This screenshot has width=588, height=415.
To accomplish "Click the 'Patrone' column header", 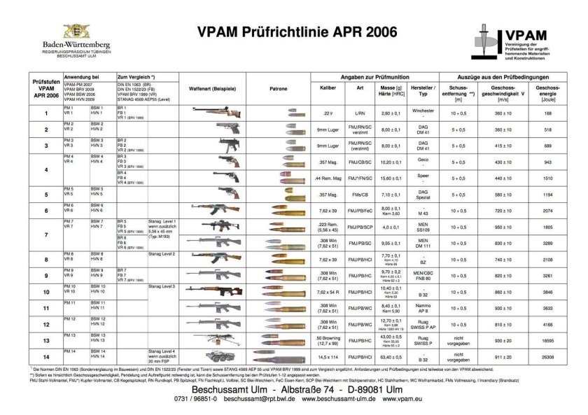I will click(x=278, y=89).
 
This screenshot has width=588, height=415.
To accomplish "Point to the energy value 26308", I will click(x=547, y=357).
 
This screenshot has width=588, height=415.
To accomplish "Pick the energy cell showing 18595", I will click(x=547, y=340).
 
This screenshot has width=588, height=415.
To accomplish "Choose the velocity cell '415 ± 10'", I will click(x=490, y=146).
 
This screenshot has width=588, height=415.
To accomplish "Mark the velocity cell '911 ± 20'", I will click(x=490, y=357).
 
